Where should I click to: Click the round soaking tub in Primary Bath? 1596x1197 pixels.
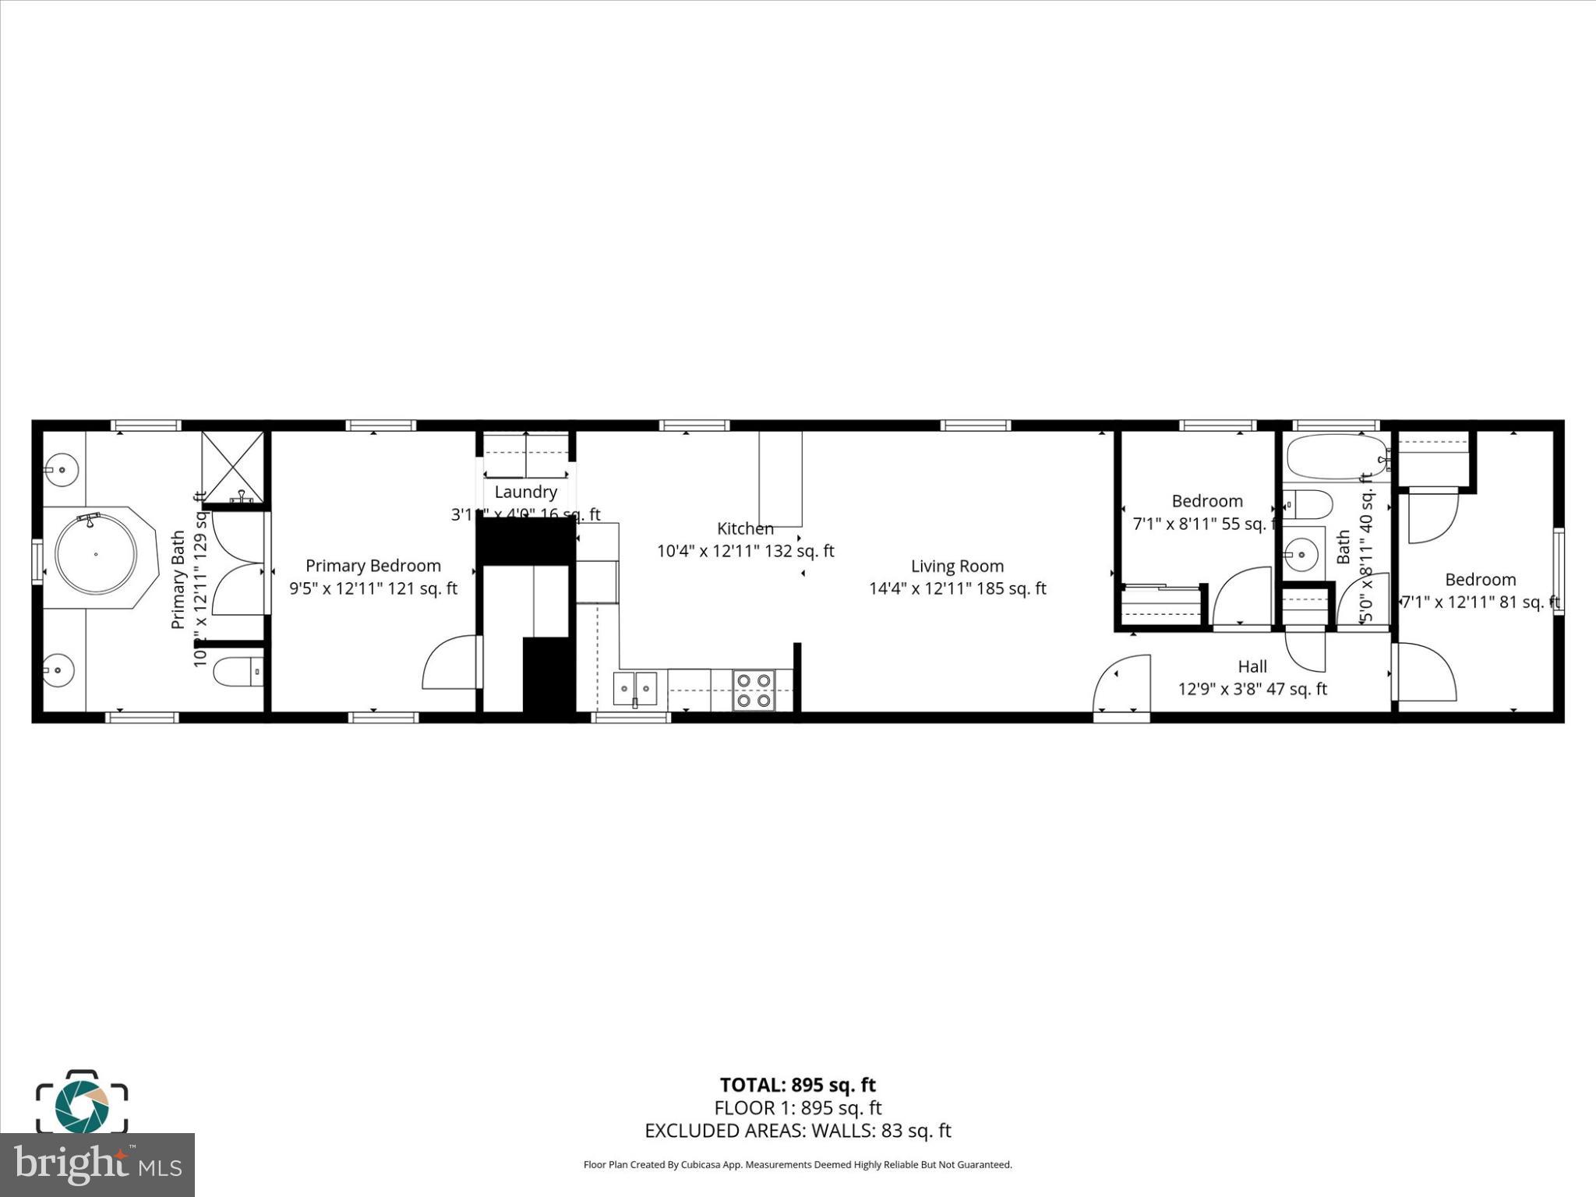pos(95,554)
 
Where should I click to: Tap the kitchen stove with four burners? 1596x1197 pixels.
pos(754,690)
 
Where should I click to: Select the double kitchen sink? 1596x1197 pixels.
pos(635,689)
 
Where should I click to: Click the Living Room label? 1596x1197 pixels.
pos(957,567)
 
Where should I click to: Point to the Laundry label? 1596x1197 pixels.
pos(525,492)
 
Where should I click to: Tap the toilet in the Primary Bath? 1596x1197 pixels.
pos(237,671)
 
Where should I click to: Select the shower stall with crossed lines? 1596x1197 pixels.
pos(233,467)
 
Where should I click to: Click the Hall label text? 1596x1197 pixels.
pos(1252,666)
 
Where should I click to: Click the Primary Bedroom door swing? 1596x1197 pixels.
pos(450,664)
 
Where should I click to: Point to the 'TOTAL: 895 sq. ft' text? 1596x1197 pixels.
pos(797,1085)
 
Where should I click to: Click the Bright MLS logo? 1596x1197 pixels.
pos(97,1165)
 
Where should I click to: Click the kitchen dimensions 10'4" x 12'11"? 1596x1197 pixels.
pos(745,551)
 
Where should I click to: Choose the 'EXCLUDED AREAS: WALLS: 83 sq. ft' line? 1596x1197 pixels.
pos(797,1131)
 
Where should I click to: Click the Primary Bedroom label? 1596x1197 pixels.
pos(373,566)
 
